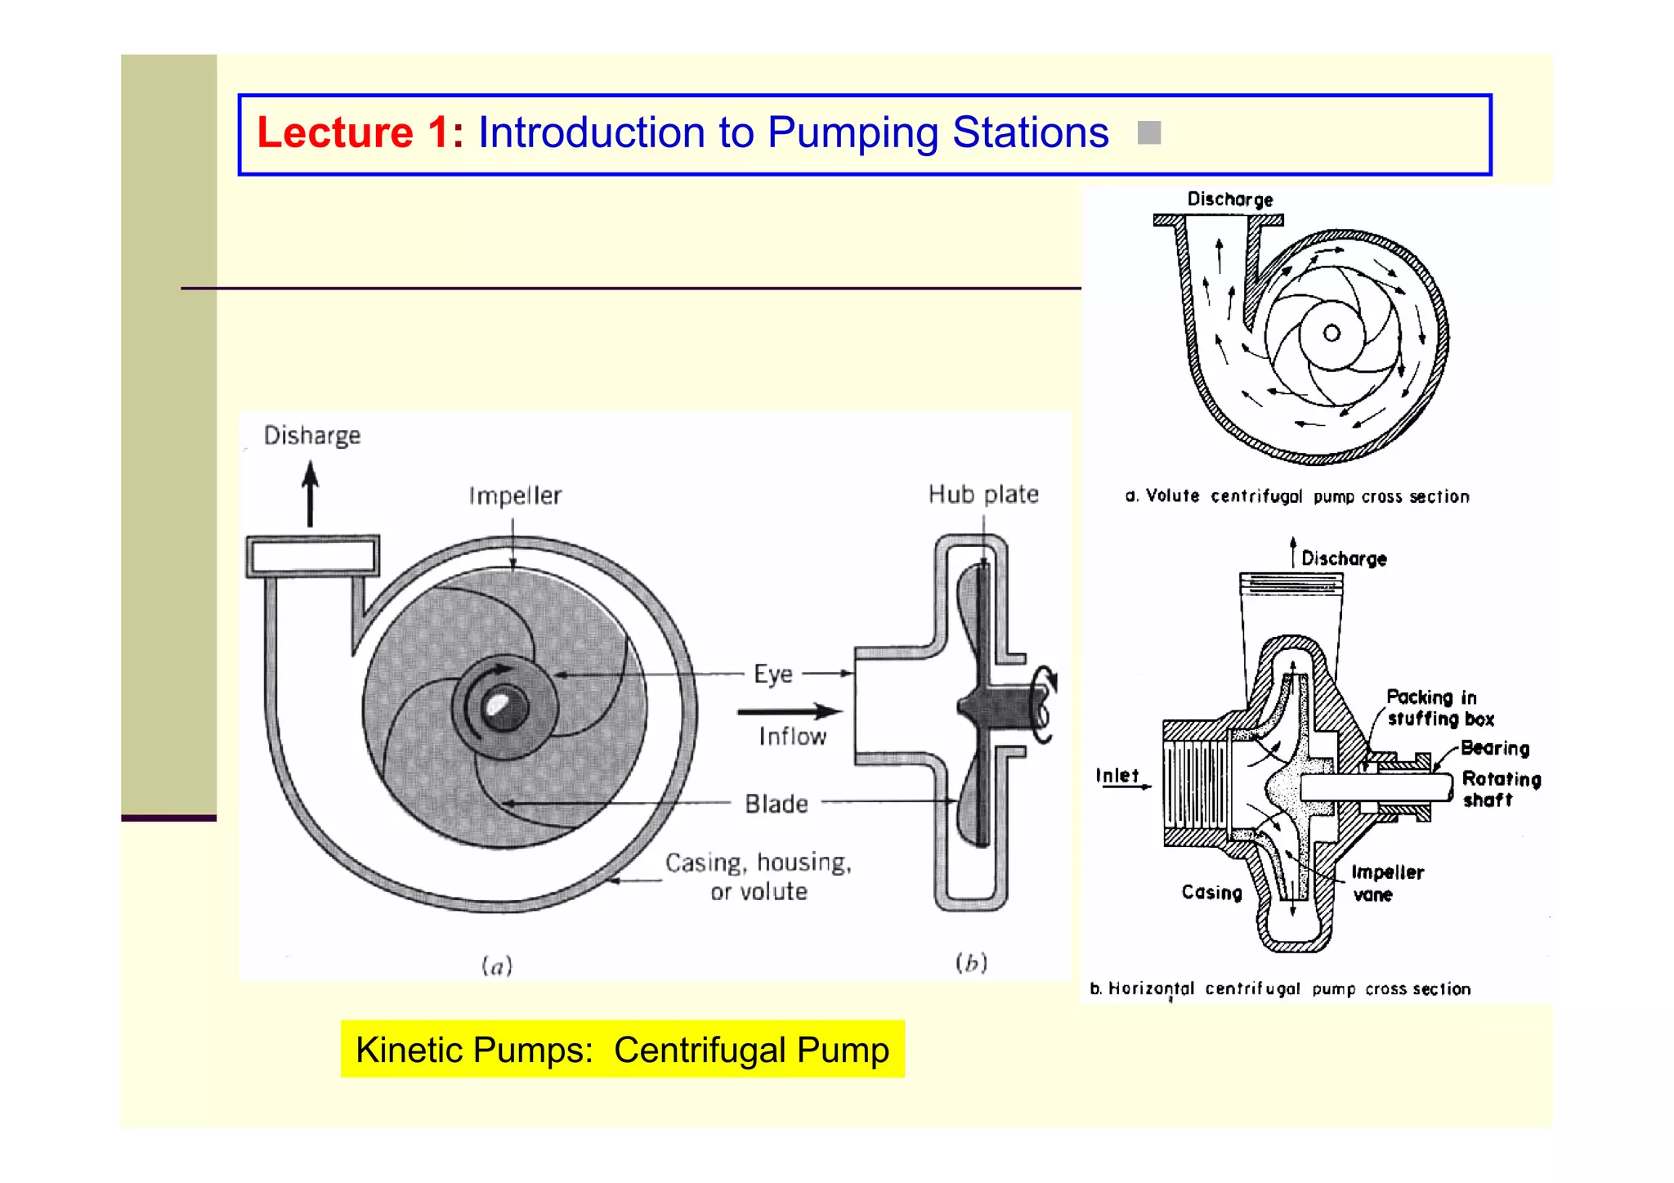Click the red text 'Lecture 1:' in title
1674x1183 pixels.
pyautogui.click(x=360, y=133)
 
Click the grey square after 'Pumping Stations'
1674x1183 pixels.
pyautogui.click(x=1148, y=132)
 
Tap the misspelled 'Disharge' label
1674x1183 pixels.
pyautogui.click(x=311, y=436)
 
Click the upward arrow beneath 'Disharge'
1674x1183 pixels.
pyautogui.click(x=310, y=494)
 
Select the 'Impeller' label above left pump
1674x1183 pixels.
pyautogui.click(x=515, y=496)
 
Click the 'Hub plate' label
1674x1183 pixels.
pyautogui.click(x=982, y=495)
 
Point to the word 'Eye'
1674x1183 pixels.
pyautogui.click(x=772, y=674)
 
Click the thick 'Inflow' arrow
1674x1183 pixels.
pyautogui.click(x=788, y=711)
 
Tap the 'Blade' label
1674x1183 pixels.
pyautogui.click(x=776, y=804)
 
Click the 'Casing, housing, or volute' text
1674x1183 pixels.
pyautogui.click(x=759, y=876)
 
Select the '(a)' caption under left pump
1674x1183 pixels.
pyautogui.click(x=497, y=966)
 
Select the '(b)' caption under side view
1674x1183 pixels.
pyautogui.click(x=971, y=963)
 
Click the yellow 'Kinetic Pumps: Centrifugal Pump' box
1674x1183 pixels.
pyautogui.click(x=622, y=1050)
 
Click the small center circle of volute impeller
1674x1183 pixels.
pyautogui.click(x=1332, y=333)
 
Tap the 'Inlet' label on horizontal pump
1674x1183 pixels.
pyautogui.click(x=1117, y=775)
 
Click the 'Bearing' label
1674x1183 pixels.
pyautogui.click(x=1494, y=748)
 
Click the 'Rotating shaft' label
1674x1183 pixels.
pyautogui.click(x=1500, y=789)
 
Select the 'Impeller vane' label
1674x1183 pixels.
pyautogui.click(x=1386, y=884)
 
